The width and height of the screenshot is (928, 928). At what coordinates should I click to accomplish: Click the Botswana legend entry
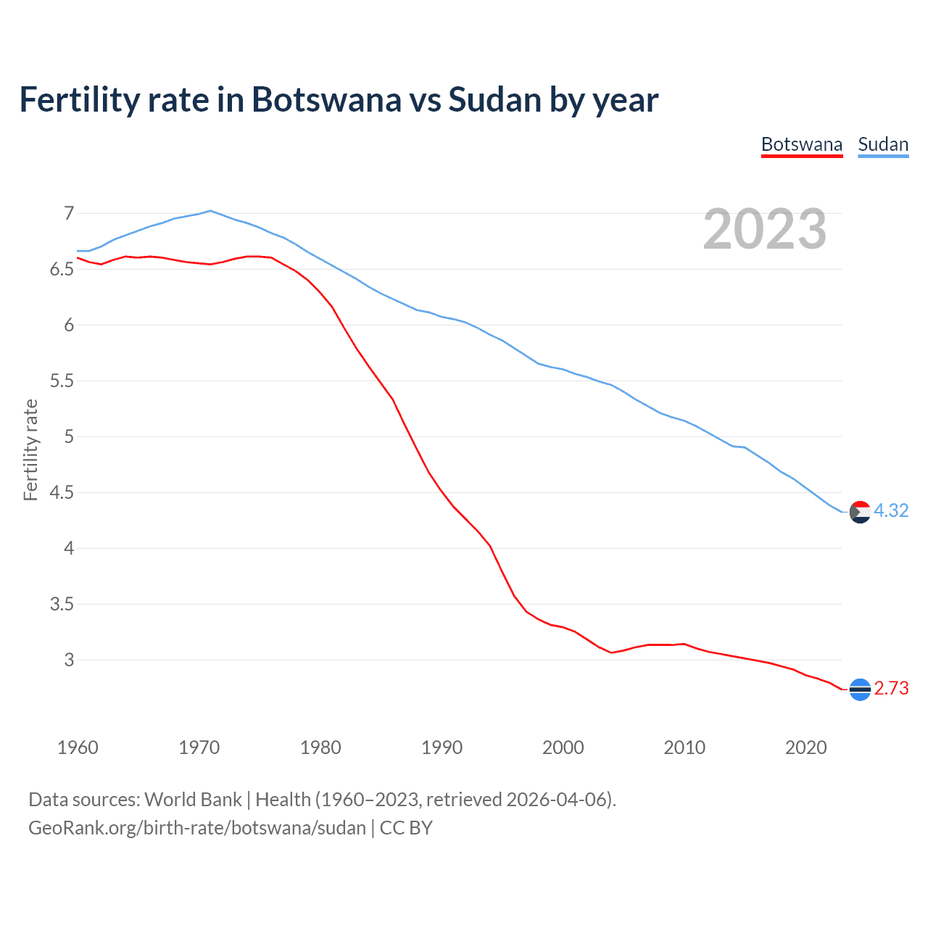tap(801, 144)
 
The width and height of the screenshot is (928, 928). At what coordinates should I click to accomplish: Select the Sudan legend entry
tap(883, 144)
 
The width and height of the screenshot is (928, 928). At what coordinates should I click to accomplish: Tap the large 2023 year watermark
tap(765, 229)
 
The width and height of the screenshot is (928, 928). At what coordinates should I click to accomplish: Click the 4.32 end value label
tap(891, 510)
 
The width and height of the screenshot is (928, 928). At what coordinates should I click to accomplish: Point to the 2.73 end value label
tap(891, 688)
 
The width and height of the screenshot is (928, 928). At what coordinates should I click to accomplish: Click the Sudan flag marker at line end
tap(860, 512)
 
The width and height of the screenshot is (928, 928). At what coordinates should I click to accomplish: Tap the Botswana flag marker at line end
tap(860, 689)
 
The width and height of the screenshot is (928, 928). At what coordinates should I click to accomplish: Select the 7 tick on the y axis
tap(69, 213)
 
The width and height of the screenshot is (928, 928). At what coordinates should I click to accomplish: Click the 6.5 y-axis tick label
tap(62, 269)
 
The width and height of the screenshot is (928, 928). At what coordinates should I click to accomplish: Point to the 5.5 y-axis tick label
tap(62, 381)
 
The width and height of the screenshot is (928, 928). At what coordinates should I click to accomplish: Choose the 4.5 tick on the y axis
tap(62, 492)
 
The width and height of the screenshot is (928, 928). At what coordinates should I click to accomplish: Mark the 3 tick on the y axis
tap(69, 660)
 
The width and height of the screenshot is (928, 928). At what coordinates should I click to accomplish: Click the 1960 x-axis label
tap(78, 747)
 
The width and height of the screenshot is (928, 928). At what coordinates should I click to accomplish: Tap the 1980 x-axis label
tap(320, 747)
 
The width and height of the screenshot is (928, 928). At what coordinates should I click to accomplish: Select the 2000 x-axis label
tap(563, 747)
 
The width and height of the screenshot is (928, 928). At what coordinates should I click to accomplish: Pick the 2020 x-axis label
tap(805, 747)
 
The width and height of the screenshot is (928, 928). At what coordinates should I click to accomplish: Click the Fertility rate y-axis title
tap(30, 449)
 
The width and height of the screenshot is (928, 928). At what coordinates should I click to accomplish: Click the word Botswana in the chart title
tap(326, 99)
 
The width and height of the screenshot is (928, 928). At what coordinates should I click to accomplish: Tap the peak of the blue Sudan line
tap(210, 211)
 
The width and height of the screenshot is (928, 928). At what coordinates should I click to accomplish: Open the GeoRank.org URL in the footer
tap(196, 828)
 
